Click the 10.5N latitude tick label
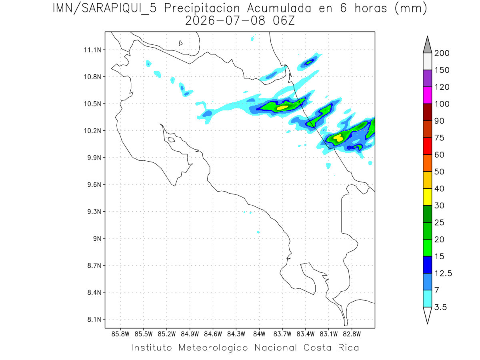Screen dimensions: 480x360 point(92,104)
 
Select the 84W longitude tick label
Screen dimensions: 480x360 point(259,334)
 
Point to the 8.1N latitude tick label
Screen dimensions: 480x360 point(94,319)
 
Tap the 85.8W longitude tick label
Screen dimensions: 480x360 point(120,334)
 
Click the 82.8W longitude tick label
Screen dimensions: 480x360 point(352,334)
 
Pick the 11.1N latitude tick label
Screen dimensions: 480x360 point(92,50)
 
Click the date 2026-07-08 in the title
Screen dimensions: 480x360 point(225,21)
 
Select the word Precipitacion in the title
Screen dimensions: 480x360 point(202,8)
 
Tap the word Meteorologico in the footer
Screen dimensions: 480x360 point(213,348)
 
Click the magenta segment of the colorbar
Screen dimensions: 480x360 point(427,95)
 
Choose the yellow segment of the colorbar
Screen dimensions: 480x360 point(427,197)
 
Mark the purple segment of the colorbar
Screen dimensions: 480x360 point(427,78)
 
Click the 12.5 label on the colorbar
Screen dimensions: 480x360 point(443,274)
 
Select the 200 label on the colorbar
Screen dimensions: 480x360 point(442,53)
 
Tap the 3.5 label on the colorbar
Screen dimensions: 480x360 point(440,307)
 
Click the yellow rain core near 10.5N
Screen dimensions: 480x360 point(282,108)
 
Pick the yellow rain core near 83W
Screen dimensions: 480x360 point(338,138)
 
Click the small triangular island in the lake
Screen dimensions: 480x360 point(180,43)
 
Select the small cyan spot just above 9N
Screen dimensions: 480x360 point(258,232)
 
